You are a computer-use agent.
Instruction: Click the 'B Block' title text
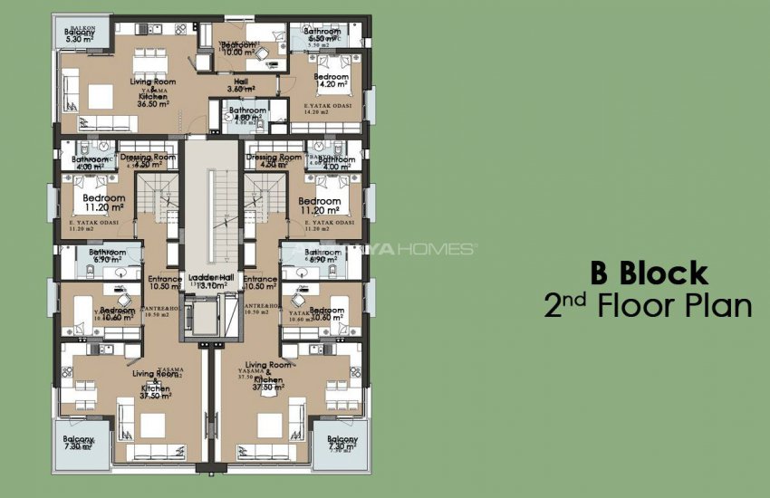649,272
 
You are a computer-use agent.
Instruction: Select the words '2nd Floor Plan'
648,306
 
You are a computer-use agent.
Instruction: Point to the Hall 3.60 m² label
240,84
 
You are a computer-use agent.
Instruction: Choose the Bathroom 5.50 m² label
322,35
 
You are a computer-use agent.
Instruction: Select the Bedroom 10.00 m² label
237,48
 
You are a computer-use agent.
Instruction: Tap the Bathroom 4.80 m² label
247,114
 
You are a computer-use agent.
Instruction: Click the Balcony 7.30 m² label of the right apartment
342,444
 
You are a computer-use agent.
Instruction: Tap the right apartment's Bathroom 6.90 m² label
322,256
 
